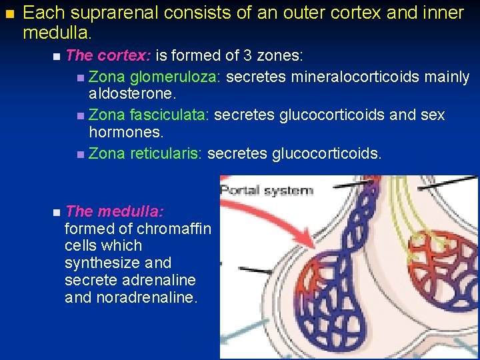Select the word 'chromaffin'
click(x=175, y=229)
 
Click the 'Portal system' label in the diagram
click(x=266, y=191)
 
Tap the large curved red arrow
click(x=263, y=230)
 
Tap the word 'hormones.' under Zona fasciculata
click(x=120, y=134)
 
